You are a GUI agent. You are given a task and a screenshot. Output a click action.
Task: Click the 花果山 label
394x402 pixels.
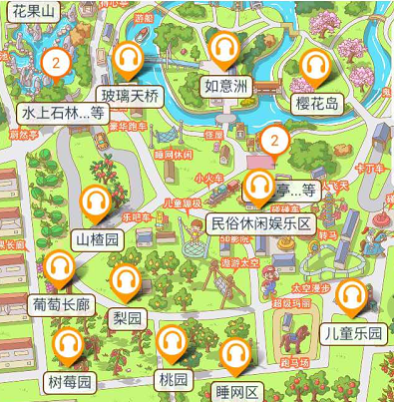click(26, 12)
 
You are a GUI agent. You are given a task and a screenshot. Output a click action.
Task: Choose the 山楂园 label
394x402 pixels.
click(98, 239)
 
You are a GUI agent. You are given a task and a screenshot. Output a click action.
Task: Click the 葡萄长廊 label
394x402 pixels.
click(62, 304)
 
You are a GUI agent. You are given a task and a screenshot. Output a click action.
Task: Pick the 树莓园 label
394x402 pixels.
click(70, 381)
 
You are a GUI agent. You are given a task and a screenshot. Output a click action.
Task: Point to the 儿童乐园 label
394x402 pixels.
click(353, 333)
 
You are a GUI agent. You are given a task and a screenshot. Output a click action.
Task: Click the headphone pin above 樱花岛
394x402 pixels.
click(315, 66)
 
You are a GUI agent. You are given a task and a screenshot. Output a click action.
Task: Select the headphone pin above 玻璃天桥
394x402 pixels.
click(128, 59)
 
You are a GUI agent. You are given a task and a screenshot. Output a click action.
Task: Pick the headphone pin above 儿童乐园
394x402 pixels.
click(349, 295)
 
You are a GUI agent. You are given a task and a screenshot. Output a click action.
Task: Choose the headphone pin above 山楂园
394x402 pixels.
click(96, 203)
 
